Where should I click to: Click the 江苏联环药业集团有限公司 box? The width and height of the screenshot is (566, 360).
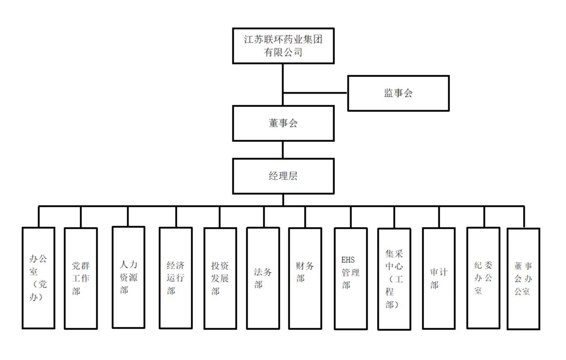click(x=283, y=46)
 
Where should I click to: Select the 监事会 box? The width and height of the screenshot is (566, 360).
click(x=398, y=93)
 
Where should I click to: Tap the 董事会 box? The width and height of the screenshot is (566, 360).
click(x=283, y=123)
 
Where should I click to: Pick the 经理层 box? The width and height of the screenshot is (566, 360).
click(x=283, y=176)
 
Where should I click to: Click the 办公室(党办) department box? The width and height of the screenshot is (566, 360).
click(x=39, y=278)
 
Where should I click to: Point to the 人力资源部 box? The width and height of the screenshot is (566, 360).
click(x=129, y=277)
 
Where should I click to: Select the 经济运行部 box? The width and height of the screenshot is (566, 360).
click(x=176, y=278)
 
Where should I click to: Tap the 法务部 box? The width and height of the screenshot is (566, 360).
click(x=263, y=278)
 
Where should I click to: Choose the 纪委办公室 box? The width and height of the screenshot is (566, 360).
click(x=483, y=278)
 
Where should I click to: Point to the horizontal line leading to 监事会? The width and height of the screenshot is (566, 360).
click(x=316, y=93)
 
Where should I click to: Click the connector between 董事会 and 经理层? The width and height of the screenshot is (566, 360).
click(x=283, y=150)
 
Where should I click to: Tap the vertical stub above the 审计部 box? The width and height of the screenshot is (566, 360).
click(x=439, y=217)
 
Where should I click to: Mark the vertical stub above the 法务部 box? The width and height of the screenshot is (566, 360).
click(x=263, y=217)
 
